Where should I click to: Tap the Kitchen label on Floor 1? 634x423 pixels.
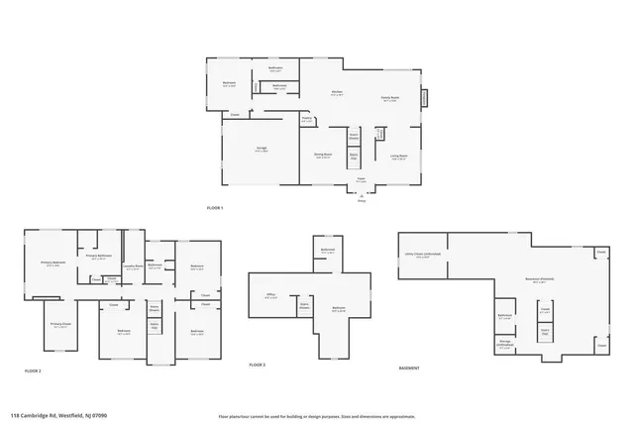(x=337, y=94)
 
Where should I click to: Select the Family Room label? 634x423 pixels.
(x=390, y=98)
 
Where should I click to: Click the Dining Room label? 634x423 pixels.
(x=323, y=156)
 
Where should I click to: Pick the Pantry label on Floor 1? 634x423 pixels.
(x=307, y=119)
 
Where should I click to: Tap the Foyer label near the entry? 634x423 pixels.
(x=361, y=180)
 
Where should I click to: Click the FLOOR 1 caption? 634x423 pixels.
(x=215, y=208)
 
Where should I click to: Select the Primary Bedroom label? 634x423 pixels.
(x=52, y=264)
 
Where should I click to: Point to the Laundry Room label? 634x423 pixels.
(x=131, y=265)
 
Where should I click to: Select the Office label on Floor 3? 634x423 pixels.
(x=270, y=295)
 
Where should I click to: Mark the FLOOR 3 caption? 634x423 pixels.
(x=258, y=365)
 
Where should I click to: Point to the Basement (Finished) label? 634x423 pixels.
(x=540, y=279)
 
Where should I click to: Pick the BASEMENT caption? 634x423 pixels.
(x=409, y=369)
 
